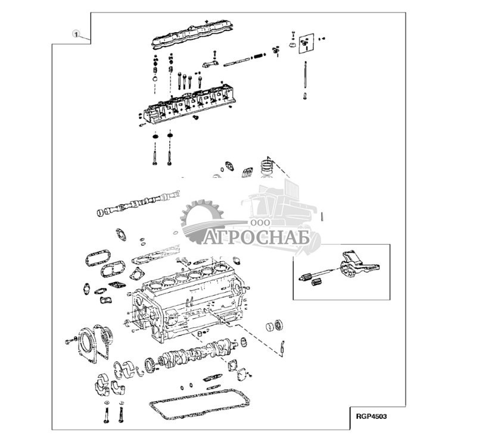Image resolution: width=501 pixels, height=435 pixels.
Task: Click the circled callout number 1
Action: pos(76,35)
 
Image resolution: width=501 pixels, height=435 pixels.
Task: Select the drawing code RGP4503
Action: pos(372,417)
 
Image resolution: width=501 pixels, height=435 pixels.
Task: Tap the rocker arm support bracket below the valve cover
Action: pos(210,64)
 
